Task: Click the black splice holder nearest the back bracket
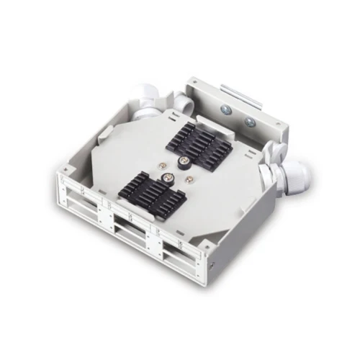[203, 144]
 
